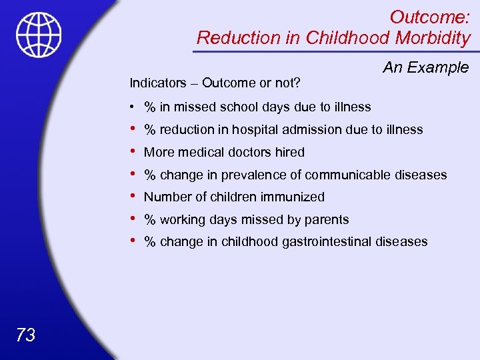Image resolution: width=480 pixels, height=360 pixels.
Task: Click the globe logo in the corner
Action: [x=39, y=35]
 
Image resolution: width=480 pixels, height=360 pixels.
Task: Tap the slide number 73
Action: [x=25, y=335]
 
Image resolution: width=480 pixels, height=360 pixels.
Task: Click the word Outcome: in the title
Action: [x=429, y=17]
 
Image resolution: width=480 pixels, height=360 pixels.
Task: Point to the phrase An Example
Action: [x=425, y=67]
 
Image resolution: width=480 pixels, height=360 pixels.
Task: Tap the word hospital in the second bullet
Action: [x=256, y=130]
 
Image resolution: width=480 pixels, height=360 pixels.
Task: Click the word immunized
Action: [x=293, y=197]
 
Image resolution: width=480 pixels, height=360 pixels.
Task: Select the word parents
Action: [x=327, y=220]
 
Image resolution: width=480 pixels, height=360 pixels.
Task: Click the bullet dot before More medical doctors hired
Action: [x=133, y=151]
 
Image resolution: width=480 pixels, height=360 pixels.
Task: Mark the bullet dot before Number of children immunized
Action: [x=133, y=196]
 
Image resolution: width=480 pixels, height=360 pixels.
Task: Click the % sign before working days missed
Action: [x=150, y=220]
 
